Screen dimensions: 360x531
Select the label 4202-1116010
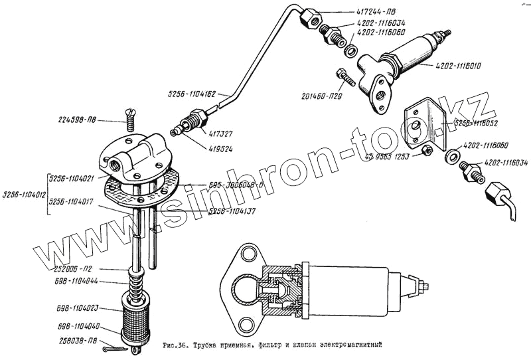pyautogui.click(x=463, y=66)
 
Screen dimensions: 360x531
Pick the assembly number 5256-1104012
pyautogui.click(x=23, y=195)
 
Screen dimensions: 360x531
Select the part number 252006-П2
pyautogui.click(x=76, y=270)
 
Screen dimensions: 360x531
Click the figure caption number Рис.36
pyautogui.click(x=176, y=345)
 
